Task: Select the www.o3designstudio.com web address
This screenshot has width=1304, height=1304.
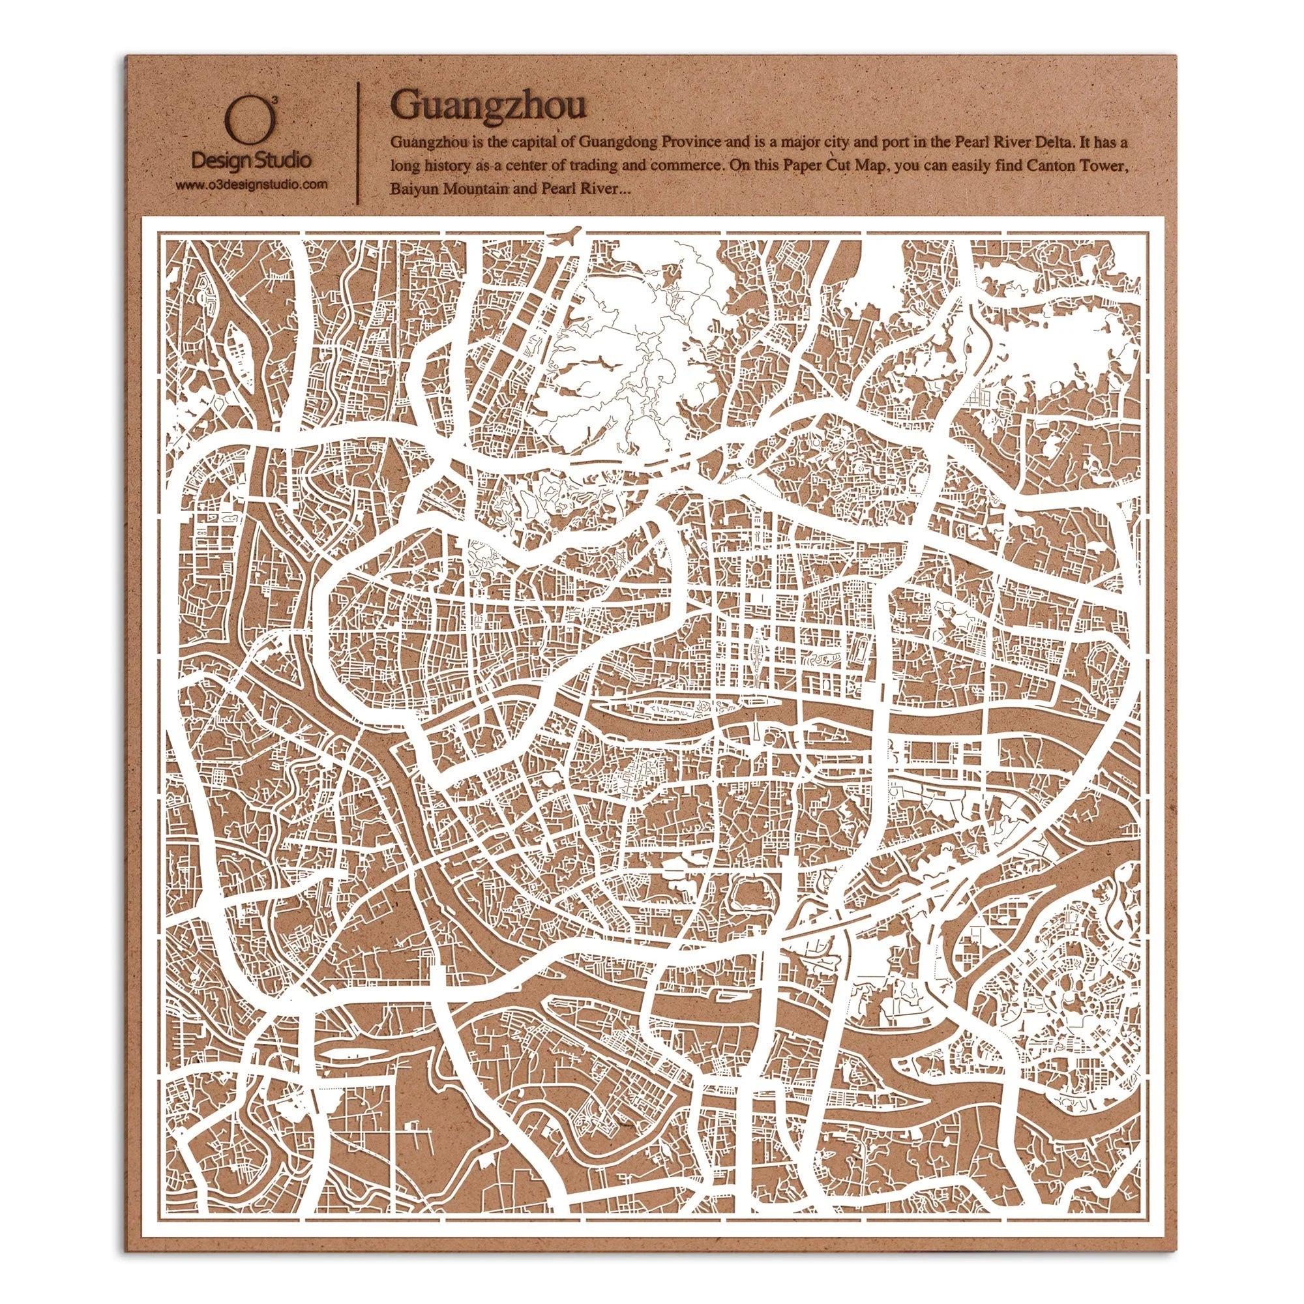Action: [x=251, y=185]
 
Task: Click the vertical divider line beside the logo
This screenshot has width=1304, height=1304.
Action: [x=357, y=141]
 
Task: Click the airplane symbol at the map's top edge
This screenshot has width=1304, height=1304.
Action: [x=565, y=237]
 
